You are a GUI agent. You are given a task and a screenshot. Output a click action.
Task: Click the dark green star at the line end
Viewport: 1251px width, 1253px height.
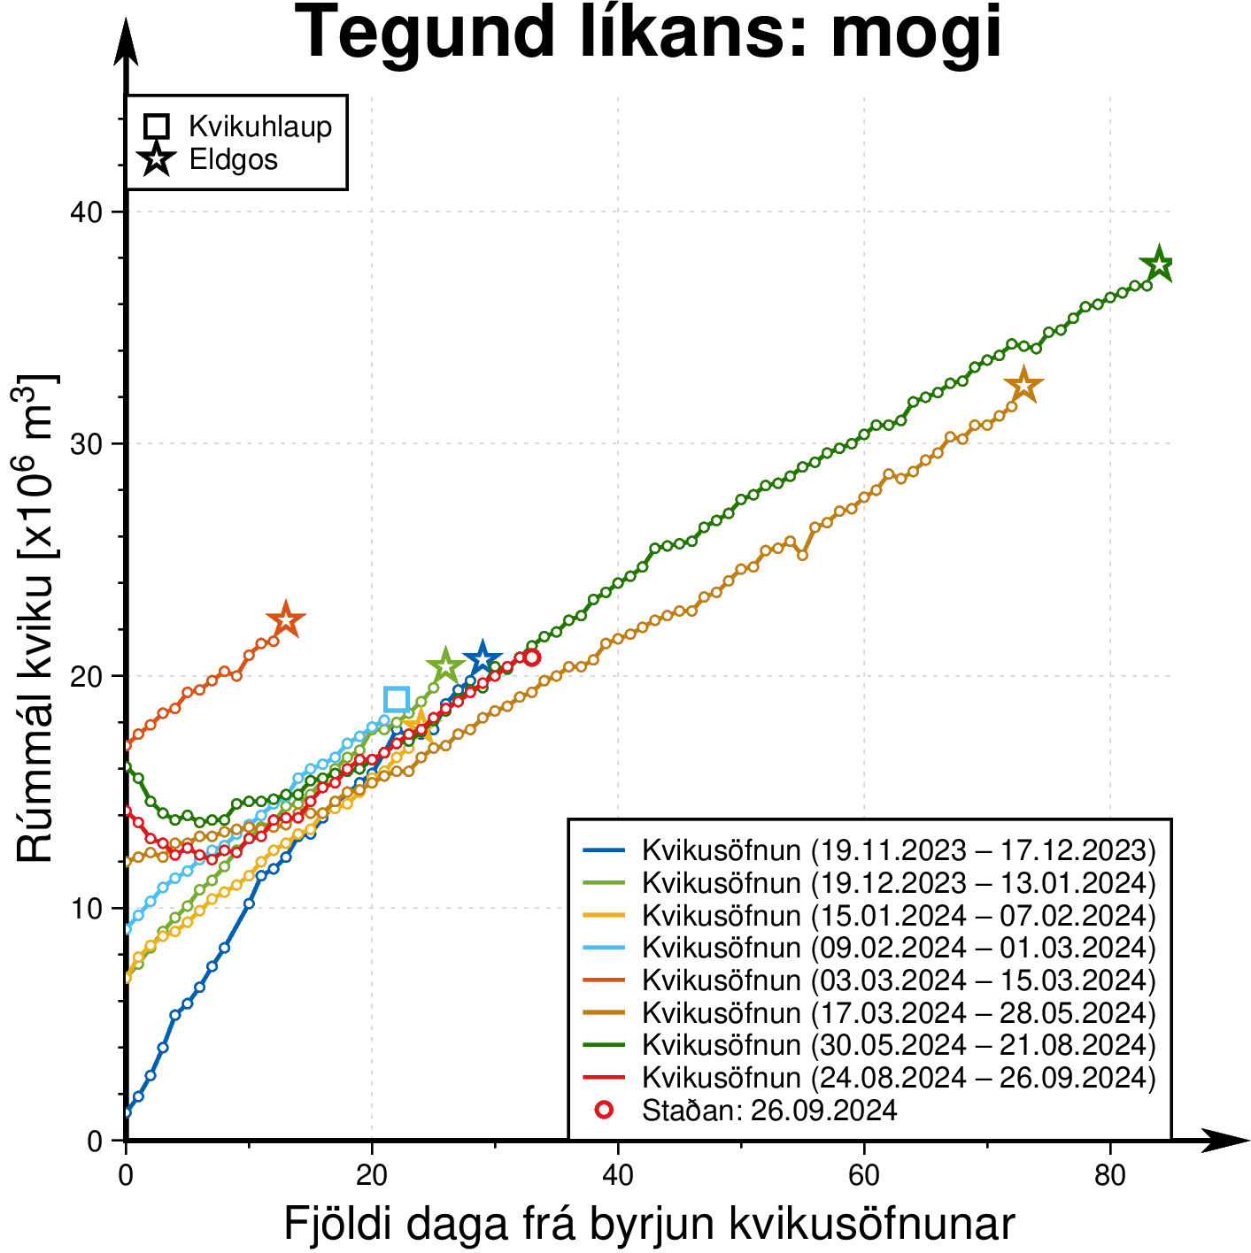point(1158,265)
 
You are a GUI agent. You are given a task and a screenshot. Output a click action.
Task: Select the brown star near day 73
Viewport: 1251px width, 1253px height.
point(1023,386)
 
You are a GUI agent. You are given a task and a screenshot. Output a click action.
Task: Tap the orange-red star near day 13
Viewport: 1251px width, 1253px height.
point(285,621)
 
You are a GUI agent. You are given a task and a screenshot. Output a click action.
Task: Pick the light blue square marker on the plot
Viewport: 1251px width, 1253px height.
point(397,699)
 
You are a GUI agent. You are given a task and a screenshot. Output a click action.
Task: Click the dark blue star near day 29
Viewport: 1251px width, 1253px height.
point(482,659)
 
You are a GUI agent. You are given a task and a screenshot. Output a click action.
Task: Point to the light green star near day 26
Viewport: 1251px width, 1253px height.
point(445,667)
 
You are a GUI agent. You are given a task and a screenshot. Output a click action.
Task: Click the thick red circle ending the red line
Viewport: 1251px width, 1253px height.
point(531,657)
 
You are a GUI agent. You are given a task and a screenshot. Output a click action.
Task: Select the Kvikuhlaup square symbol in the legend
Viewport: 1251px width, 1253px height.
point(157,127)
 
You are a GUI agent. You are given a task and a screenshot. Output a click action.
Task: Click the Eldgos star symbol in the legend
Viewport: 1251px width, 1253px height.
point(157,160)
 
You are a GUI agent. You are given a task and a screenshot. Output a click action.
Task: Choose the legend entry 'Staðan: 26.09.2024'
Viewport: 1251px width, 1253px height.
point(768,1110)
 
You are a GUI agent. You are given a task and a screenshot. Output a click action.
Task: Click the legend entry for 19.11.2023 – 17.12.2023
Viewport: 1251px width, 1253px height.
point(898,850)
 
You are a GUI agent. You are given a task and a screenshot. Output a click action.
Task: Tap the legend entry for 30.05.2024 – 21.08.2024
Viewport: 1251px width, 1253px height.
point(898,1045)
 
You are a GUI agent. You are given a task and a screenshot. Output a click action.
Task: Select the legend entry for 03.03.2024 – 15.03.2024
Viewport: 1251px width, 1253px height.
point(898,980)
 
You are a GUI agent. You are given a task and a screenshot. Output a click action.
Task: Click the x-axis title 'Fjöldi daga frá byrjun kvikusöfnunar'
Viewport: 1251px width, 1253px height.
point(648,1225)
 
